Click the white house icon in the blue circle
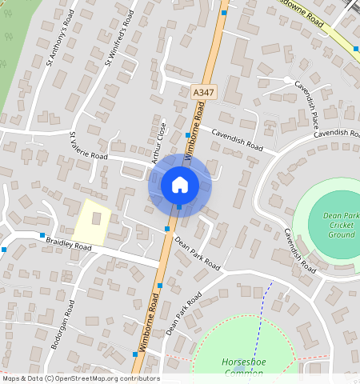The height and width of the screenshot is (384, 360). click(179, 185)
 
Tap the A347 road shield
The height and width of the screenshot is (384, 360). click(203, 94)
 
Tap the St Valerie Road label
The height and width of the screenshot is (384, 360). click(88, 146)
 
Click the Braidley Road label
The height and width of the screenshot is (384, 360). click(70, 243)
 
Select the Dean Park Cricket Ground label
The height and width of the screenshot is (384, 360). click(339, 225)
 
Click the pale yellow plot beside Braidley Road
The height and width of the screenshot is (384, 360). click(92, 222)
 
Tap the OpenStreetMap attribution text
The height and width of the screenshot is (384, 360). click(80, 378)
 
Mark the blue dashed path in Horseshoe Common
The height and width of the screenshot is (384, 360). click(262, 320)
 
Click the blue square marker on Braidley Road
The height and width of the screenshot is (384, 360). click(42, 235)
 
